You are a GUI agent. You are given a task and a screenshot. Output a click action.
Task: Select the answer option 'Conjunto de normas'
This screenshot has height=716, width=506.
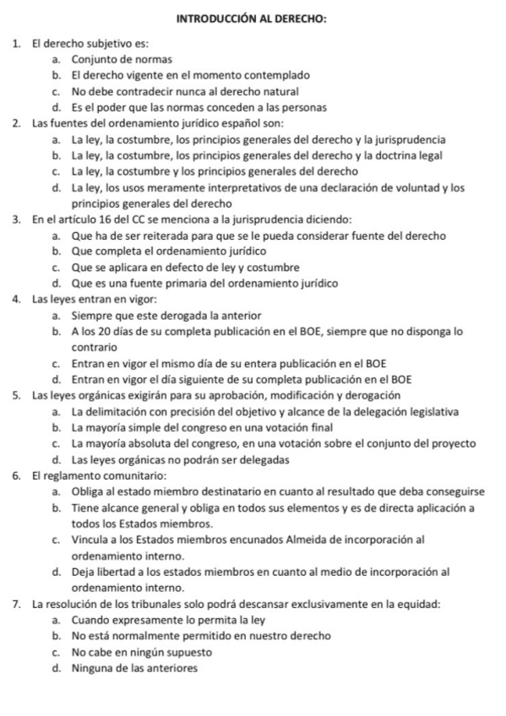[x=122, y=59]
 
